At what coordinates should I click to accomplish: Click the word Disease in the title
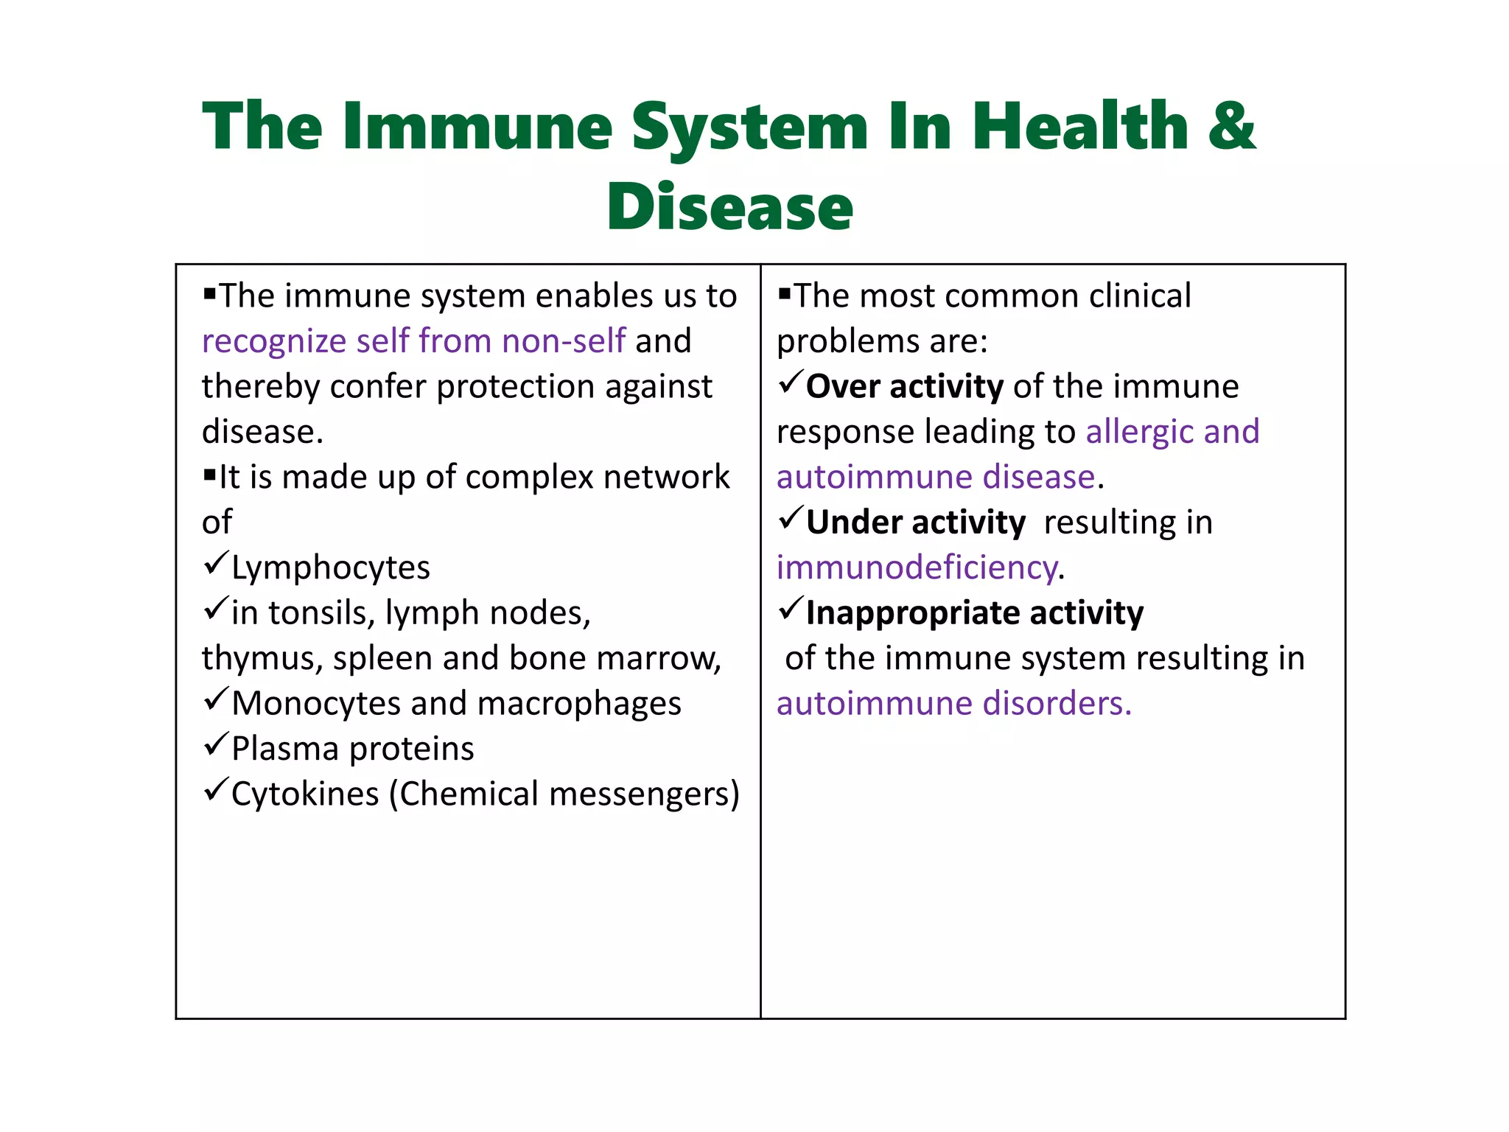(729, 208)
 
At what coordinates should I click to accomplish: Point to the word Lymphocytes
(330, 568)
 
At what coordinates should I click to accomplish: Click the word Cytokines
(305, 794)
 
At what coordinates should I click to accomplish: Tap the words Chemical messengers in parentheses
(564, 794)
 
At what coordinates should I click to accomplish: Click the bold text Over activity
(904, 387)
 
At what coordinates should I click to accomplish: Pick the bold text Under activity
(915, 523)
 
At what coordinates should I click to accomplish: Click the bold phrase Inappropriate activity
(974, 613)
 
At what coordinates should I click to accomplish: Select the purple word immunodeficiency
(917, 568)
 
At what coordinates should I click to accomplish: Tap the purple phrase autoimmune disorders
(953, 704)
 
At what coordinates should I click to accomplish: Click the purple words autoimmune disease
(936, 478)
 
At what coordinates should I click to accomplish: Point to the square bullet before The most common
(784, 294)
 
